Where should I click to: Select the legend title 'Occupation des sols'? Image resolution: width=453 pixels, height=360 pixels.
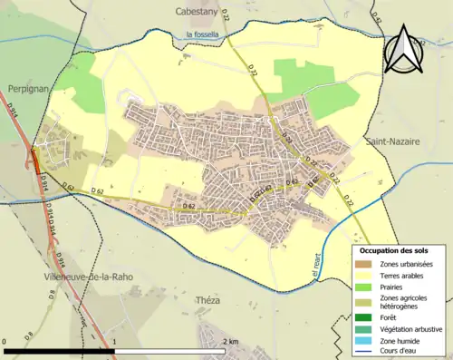tap(394, 250)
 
